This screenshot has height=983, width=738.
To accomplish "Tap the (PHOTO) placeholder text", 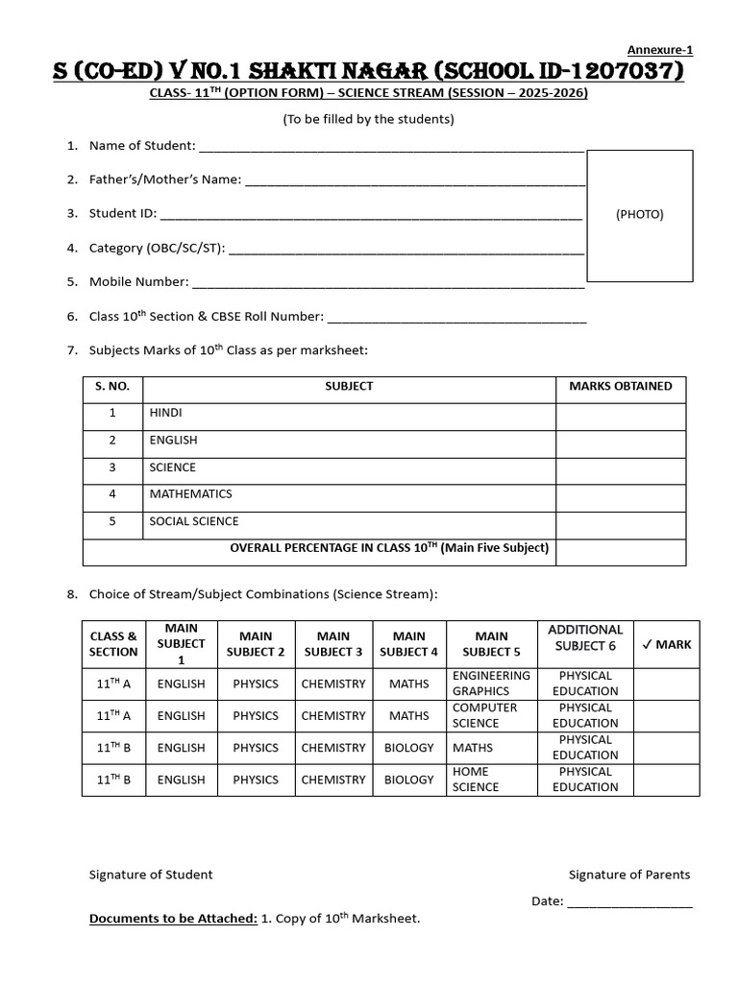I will (639, 215).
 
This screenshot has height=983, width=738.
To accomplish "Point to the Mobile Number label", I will (138, 282).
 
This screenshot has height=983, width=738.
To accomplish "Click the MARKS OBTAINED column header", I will (621, 387).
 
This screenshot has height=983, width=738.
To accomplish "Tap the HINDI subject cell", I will (165, 413).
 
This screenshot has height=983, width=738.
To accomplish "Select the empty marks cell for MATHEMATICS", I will (621, 494).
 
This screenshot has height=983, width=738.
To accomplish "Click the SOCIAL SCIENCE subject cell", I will (194, 521).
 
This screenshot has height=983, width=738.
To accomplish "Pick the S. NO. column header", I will (112, 387).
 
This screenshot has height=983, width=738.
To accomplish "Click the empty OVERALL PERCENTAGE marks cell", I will (621, 550).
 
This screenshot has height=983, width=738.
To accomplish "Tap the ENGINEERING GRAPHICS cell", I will (490, 683).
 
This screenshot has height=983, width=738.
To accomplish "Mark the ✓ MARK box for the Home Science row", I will (667, 779).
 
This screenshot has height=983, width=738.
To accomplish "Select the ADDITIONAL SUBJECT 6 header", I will (585, 637).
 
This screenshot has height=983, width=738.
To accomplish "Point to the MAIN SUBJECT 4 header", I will (409, 644).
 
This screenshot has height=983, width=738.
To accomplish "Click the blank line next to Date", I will (629, 902).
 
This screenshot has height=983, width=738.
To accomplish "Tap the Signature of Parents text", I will (629, 875).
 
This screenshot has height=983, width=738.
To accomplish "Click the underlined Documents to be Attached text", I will (173, 920).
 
